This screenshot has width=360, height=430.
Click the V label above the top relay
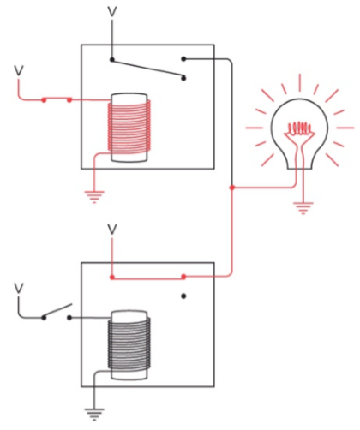112,12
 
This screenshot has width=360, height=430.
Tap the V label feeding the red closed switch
19,71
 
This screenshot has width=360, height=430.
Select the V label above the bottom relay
112,230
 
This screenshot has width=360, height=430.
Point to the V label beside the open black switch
19,289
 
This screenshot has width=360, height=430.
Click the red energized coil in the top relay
129,128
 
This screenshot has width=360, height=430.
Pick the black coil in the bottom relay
129,345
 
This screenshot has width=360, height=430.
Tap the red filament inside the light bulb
299,130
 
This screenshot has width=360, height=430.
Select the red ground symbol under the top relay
94,197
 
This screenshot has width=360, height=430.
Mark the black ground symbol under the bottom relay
94,415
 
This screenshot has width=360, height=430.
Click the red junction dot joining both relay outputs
232,188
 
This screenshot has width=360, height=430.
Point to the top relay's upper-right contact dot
183,59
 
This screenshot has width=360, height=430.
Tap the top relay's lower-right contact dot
183,78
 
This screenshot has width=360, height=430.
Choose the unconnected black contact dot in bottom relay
183,296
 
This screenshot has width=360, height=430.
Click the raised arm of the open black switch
57,311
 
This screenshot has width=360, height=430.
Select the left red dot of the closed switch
44,100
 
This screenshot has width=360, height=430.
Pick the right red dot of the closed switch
69,100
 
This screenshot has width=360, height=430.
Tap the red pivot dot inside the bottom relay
112,278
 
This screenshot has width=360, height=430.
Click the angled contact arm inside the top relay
148,69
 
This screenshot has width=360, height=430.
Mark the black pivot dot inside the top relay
112,60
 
